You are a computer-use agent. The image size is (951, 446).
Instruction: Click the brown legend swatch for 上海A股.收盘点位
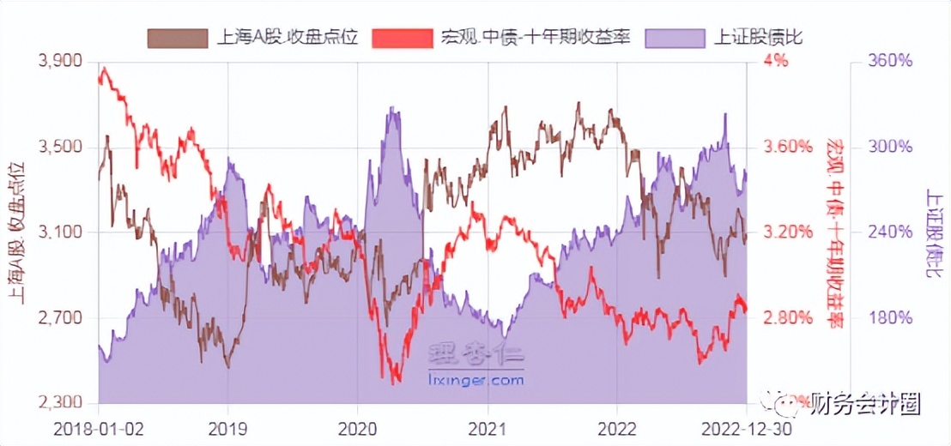pyautogui.click(x=178, y=38)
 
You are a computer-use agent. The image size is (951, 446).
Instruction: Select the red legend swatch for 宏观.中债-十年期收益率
pyautogui.click(x=403, y=38)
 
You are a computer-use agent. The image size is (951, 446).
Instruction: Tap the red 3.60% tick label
pyautogui.click(x=786, y=148)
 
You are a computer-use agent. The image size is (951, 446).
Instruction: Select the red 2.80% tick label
pyautogui.click(x=786, y=318)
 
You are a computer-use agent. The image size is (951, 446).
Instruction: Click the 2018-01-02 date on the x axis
pyautogui.click(x=98, y=428)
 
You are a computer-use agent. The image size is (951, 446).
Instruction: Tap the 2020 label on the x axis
pyautogui.click(x=357, y=428)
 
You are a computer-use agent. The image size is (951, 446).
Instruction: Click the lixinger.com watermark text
pyautogui.click(x=475, y=378)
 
